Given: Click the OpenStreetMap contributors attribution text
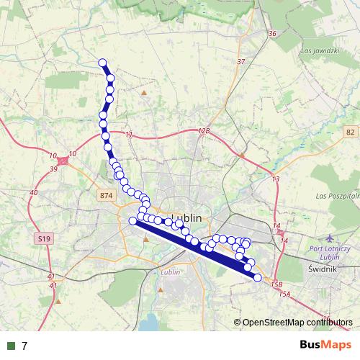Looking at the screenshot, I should [x=297, y=322].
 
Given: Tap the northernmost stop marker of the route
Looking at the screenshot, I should [x=102, y=63].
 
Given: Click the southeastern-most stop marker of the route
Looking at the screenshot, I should [x=257, y=277].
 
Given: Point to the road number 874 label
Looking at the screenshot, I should [x=107, y=196].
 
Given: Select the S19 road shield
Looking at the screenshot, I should [x=44, y=238].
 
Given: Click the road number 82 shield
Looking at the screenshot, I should [x=350, y=132].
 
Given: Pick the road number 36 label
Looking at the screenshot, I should [x=271, y=34].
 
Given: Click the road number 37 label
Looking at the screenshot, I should [x=240, y=61].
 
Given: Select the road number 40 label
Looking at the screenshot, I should [x=34, y=193].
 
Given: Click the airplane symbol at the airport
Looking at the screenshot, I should [x=330, y=238].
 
